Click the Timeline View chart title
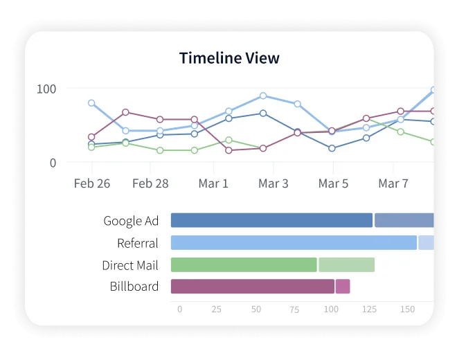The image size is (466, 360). [x=229, y=58]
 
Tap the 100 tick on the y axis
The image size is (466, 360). [x=46, y=89]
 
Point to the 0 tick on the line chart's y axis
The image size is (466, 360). [x=53, y=163]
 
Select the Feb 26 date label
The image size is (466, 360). [x=91, y=183]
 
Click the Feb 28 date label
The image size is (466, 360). [x=150, y=183]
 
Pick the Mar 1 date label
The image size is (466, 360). [x=213, y=183]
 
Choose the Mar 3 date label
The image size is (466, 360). [x=274, y=183]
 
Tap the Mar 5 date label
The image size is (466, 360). [x=333, y=183]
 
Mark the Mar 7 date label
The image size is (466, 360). [x=393, y=183]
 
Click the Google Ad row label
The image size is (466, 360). [x=131, y=222]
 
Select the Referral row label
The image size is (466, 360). [x=137, y=244]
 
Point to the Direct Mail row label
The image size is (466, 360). [x=129, y=265]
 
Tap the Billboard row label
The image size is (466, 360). [x=134, y=287]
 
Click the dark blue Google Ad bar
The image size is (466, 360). [x=271, y=221]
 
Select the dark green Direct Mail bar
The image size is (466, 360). [x=244, y=265]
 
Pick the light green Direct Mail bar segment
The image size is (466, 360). [x=346, y=265]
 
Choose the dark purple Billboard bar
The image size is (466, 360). [x=252, y=287]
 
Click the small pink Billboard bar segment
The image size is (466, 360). [x=343, y=287]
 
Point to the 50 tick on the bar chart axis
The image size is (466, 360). [x=256, y=309]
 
